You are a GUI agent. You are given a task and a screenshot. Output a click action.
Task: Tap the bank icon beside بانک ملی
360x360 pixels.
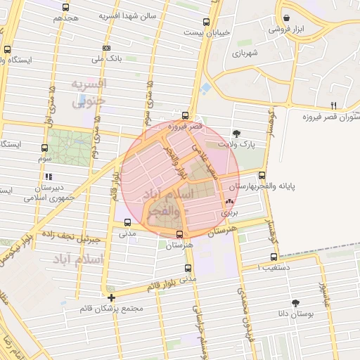pyautogui.click(x=106, y=48)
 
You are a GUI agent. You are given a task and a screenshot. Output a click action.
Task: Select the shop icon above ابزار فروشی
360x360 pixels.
pyautogui.click(x=286, y=18)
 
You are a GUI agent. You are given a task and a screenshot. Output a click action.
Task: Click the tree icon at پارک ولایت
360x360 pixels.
pyautogui.click(x=236, y=132)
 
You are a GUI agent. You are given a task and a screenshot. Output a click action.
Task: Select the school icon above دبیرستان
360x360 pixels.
pyautogui.click(x=50, y=176)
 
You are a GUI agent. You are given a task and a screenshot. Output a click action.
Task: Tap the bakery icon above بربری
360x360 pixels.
pyautogui.click(x=229, y=200)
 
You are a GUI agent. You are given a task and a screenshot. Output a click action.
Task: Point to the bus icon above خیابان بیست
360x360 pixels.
pyautogui.click(x=206, y=22)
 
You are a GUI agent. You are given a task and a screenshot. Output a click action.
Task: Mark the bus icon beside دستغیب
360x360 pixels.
pyautogui.click(x=274, y=257)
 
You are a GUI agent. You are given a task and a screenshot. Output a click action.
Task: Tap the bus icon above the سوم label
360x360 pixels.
pyautogui.click(x=45, y=148)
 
